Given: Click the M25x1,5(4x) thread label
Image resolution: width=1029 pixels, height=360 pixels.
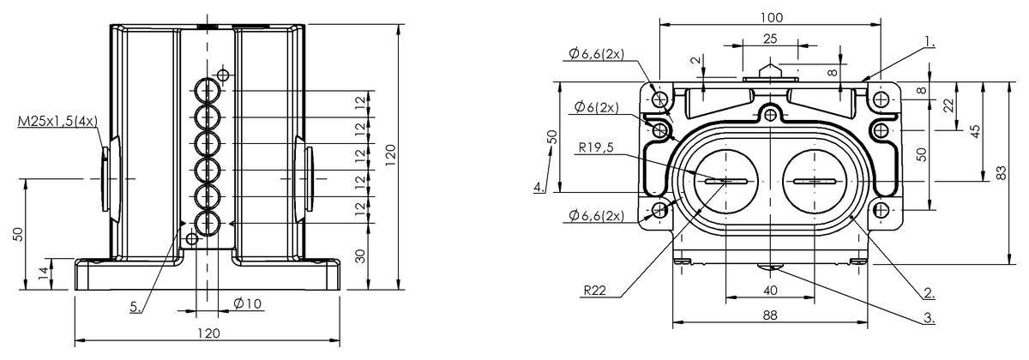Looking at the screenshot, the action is click(58, 122).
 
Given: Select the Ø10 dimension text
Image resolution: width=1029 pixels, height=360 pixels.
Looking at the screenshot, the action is click(247, 303).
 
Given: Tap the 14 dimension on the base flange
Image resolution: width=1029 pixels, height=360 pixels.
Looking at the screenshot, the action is click(43, 274).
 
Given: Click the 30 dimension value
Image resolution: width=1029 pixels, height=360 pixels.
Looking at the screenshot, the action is click(361, 255).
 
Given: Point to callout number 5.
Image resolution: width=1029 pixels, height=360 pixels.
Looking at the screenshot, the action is click(135, 307).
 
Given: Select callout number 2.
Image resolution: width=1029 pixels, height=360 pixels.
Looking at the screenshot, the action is click(930, 292).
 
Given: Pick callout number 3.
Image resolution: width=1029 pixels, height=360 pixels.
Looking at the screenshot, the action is click(930, 317).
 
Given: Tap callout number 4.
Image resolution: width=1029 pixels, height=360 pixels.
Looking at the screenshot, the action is click(539, 187).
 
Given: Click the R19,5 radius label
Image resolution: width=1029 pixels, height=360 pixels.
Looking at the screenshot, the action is click(596, 147).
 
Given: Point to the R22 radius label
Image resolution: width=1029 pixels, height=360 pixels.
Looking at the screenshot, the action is click(595, 291).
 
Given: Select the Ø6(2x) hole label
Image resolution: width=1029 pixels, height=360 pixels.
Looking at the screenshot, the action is click(597, 107).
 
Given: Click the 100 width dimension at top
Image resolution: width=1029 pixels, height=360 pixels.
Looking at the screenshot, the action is click(771, 17).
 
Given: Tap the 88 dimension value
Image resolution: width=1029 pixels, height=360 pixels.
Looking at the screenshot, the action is click(770, 315).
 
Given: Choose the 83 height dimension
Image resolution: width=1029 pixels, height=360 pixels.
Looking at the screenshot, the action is click(1002, 172).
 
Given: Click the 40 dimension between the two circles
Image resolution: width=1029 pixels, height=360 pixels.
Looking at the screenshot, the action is click(770, 291).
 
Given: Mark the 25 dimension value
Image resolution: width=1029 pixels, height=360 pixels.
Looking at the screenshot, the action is click(770, 39).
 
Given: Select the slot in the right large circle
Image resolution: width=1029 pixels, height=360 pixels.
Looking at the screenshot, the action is click(815, 182).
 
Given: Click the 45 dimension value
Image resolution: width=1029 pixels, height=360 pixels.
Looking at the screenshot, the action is click(976, 131).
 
